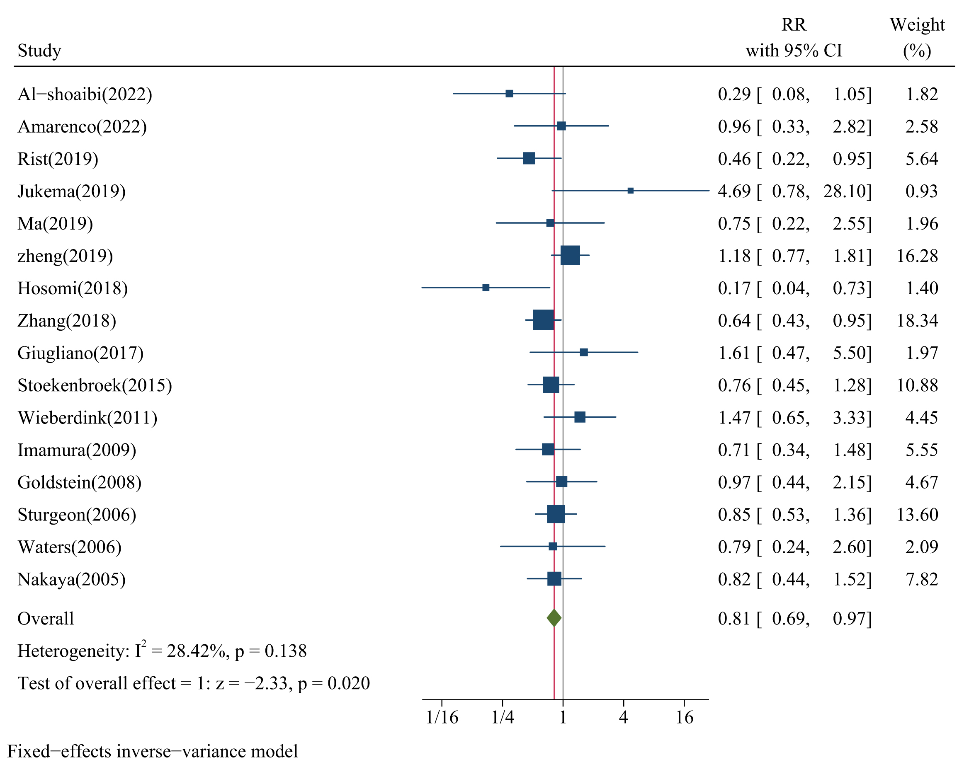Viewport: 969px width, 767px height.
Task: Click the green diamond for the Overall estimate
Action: [x=554, y=618]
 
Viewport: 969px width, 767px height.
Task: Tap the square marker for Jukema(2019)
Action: [x=630, y=191]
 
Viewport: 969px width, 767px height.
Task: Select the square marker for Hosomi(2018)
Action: [x=486, y=288]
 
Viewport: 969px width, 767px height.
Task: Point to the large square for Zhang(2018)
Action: [x=543, y=320]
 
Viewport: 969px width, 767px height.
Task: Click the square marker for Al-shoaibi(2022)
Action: [x=509, y=93]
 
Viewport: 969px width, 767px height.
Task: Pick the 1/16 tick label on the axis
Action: [x=442, y=718]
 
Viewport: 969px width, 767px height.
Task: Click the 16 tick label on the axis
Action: [x=684, y=718]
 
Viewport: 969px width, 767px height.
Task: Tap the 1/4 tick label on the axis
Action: [x=502, y=718]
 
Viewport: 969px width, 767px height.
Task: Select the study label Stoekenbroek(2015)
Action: [x=95, y=385]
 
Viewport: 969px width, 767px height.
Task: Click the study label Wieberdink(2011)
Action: [x=87, y=418]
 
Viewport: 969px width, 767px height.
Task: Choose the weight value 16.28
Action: [x=917, y=256]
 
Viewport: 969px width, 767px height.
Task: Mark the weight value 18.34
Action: [x=917, y=321]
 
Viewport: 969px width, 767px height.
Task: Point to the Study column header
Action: [x=39, y=50]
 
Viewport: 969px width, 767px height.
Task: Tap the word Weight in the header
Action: [x=917, y=24]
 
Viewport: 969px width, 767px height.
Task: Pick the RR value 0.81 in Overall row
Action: [x=734, y=618]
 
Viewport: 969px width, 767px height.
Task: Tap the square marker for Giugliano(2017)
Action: [x=583, y=353]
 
